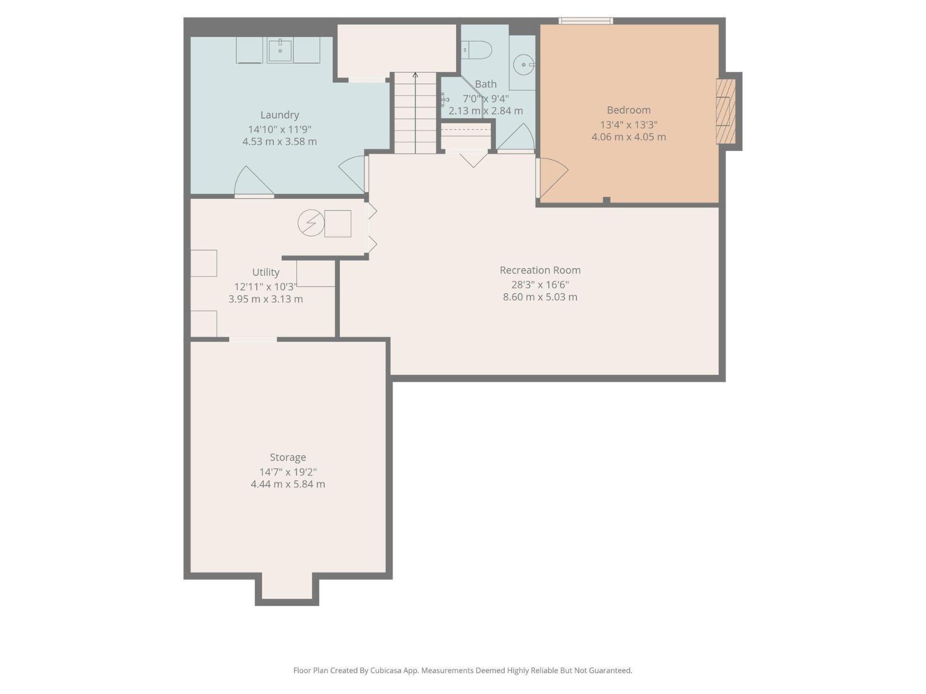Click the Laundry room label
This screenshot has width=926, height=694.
pos(280,115)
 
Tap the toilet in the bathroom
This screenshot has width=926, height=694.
pos(478,50)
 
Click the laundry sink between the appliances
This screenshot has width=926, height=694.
pos(281,50)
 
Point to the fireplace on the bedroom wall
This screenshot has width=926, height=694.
pos(726,111)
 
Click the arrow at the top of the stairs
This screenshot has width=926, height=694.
pos(415,75)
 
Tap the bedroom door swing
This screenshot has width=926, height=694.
pos(552,176)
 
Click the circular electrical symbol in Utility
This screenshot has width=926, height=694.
pos(311,223)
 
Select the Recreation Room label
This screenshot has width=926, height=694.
pos(540,270)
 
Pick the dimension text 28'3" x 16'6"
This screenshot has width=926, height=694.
pos(540,285)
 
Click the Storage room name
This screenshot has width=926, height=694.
pos(288,457)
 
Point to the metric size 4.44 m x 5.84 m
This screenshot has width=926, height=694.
pos(288,484)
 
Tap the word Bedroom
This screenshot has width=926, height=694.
pos(629,110)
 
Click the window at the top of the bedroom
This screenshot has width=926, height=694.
pos(585,21)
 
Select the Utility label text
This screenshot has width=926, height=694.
pos(266,272)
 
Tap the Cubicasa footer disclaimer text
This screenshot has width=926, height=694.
pos(462,670)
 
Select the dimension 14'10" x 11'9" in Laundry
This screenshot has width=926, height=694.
pos(280,130)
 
